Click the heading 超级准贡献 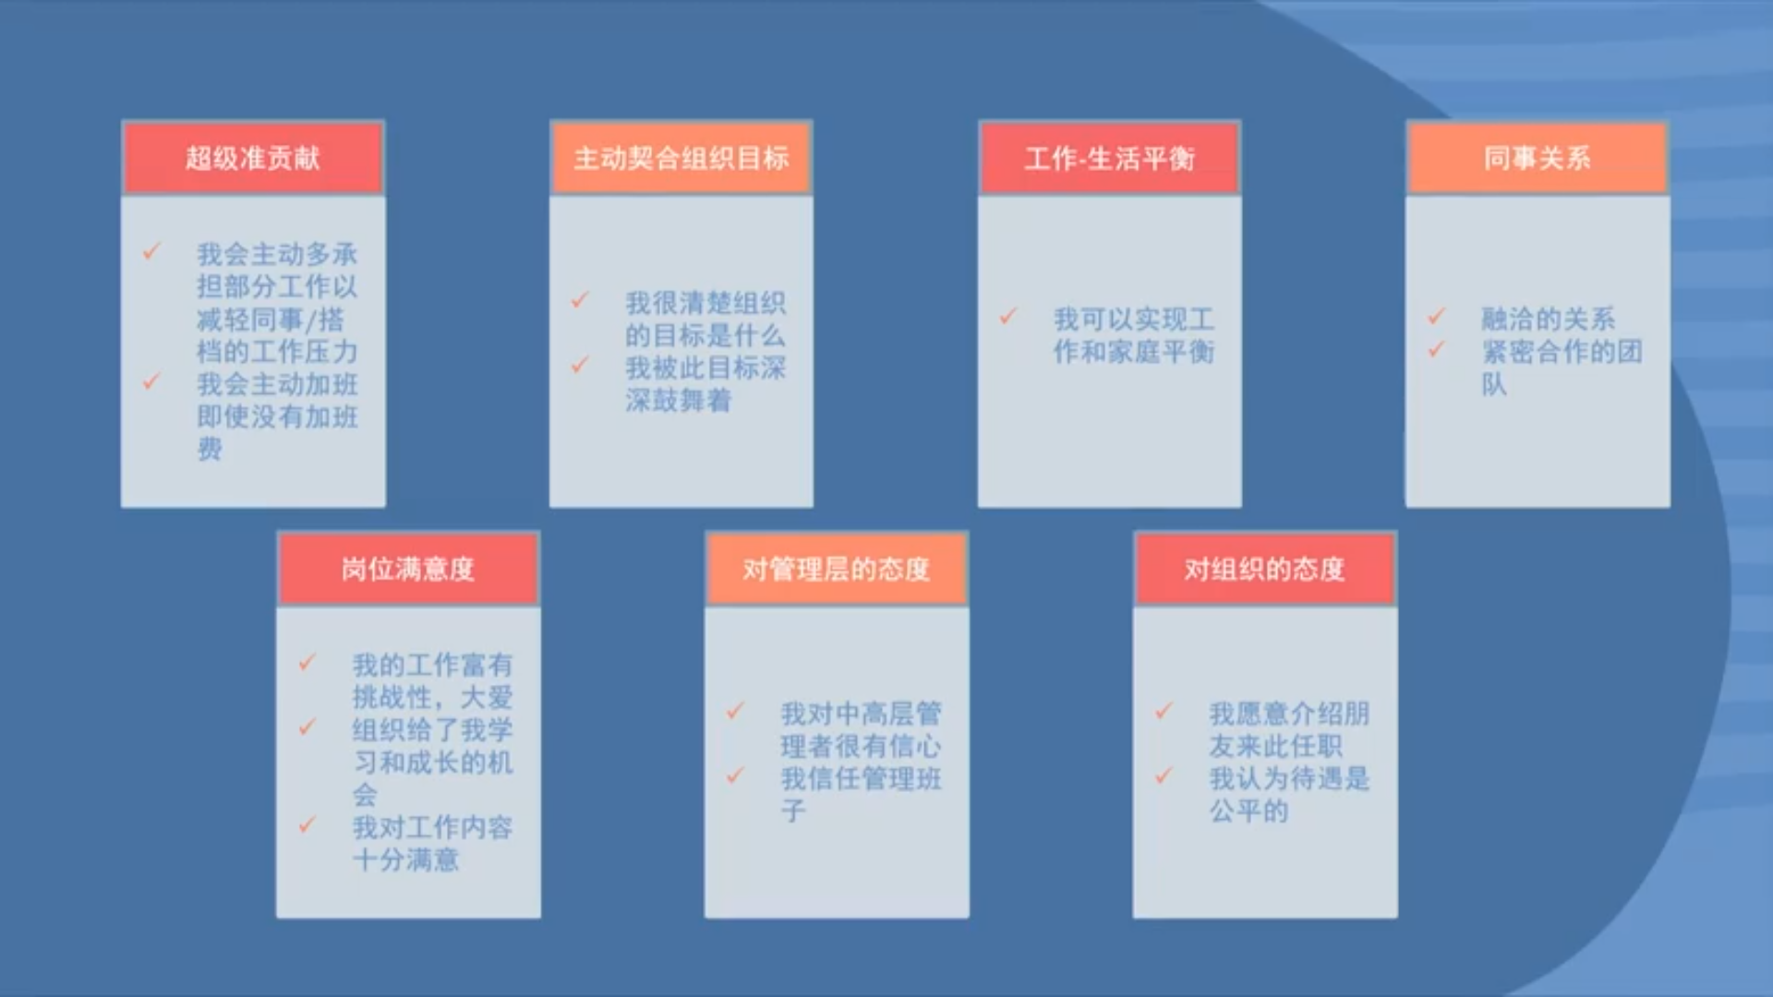(252, 158)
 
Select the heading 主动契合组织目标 (681, 158)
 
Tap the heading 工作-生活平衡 (1109, 158)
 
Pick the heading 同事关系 (1538, 158)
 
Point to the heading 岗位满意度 (407, 569)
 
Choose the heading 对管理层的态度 (837, 569)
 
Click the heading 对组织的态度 (1264, 569)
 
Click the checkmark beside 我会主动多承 (152, 251)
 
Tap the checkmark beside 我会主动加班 (152, 381)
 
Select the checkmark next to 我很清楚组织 (581, 300)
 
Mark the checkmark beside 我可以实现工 (1008, 317)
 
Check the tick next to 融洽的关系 (1437, 317)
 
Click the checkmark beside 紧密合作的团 (1437, 349)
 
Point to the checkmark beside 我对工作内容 (308, 824)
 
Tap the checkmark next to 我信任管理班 (736, 775)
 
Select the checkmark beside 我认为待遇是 (1164, 775)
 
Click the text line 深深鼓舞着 (679, 401)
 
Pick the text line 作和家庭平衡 (1134, 352)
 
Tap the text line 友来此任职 (1276, 746)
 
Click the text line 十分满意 (405, 860)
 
